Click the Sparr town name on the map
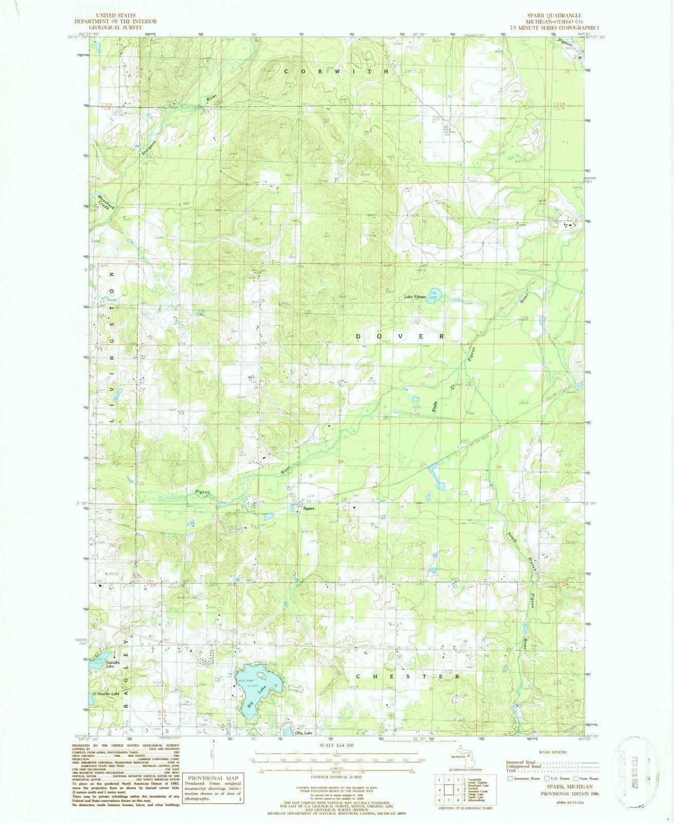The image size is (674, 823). [x=308, y=508]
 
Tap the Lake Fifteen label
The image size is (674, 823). [x=416, y=297]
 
